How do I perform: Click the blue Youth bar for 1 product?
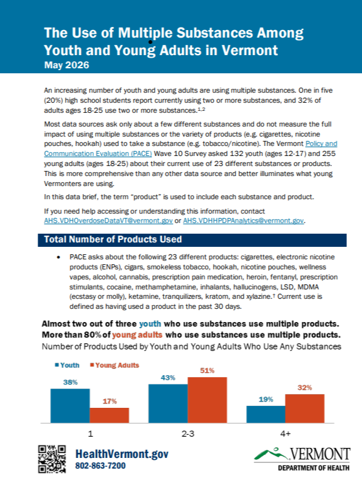click(70, 406)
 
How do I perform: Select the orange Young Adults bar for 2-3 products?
click(207, 400)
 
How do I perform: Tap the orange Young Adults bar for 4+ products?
click(305, 408)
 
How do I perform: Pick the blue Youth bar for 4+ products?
click(266, 414)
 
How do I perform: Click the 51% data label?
click(207, 370)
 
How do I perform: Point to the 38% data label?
click(70, 382)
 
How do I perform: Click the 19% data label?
click(266, 400)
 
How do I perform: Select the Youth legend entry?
click(67, 365)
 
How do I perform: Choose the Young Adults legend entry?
click(115, 365)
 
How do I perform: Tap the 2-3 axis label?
click(188, 434)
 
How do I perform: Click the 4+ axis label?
click(286, 434)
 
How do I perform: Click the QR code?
click(52, 459)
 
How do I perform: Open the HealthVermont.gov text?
click(122, 454)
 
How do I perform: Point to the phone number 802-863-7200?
click(100, 465)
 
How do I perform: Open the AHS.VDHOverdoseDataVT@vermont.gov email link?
click(108, 221)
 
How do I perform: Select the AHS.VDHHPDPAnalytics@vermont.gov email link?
click(244, 221)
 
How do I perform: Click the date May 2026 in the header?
click(66, 65)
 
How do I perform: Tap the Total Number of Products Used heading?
click(113, 239)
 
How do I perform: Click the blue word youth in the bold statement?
click(150, 324)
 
